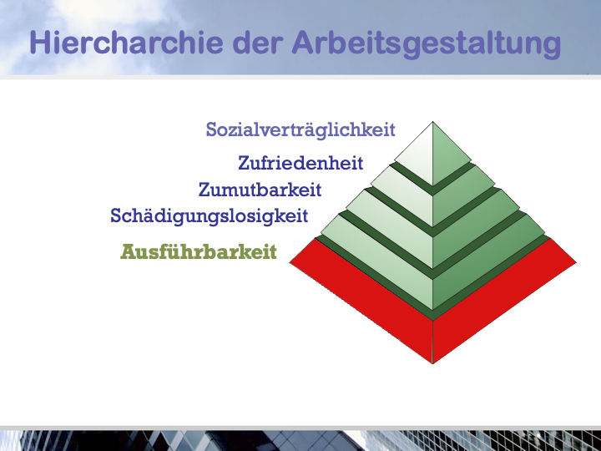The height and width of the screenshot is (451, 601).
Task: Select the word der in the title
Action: [258, 43]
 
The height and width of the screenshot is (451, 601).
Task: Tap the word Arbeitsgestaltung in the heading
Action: [427, 44]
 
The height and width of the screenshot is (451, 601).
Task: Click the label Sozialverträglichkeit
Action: [300, 129]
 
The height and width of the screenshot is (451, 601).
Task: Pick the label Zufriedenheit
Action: [300, 163]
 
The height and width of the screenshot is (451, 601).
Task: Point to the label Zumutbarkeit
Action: [260, 190]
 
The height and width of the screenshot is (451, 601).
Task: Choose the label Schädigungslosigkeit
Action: [209, 216]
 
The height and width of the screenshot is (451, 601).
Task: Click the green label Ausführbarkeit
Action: [199, 252]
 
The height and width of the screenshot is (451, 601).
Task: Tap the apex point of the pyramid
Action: [432, 122]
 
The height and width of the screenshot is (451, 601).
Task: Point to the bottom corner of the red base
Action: [432, 363]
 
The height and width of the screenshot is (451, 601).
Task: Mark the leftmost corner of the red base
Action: [290, 262]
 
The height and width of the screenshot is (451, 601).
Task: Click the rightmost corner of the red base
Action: [577, 262]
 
